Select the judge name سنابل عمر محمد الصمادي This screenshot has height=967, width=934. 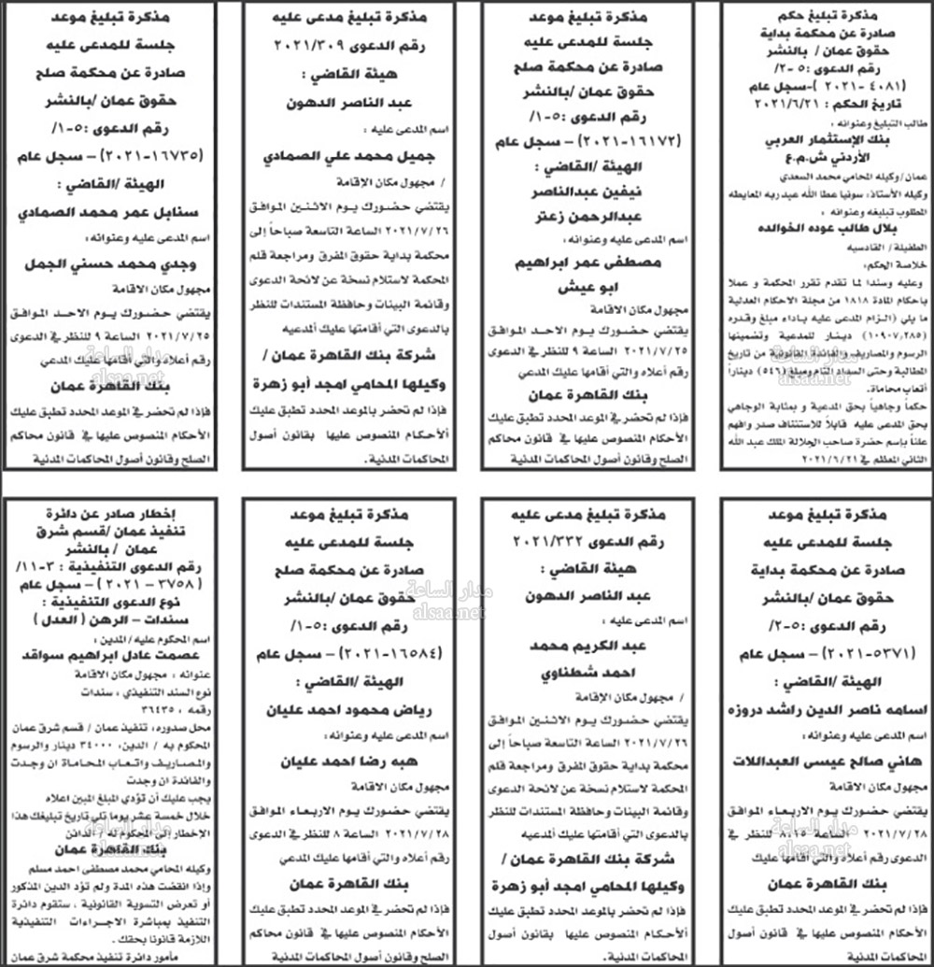pyautogui.click(x=115, y=211)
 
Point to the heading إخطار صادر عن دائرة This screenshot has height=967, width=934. pyautogui.click(x=115, y=511)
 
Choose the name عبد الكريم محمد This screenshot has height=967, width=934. pyautogui.click(x=585, y=645)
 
